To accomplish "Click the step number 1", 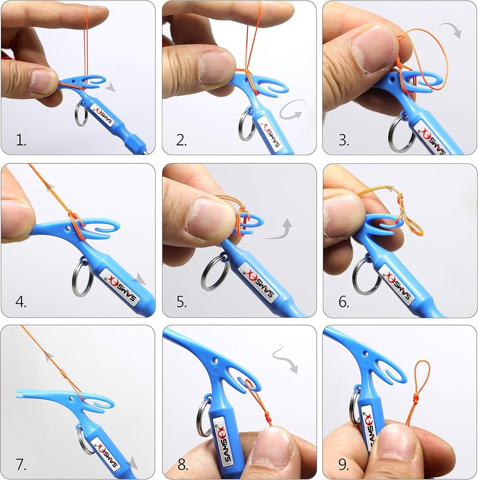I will click(x=20, y=140).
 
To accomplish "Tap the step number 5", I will click(x=182, y=302).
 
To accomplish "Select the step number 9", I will click(x=343, y=464).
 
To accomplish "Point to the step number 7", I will click(x=21, y=464).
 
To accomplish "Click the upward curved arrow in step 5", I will click(x=282, y=229).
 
